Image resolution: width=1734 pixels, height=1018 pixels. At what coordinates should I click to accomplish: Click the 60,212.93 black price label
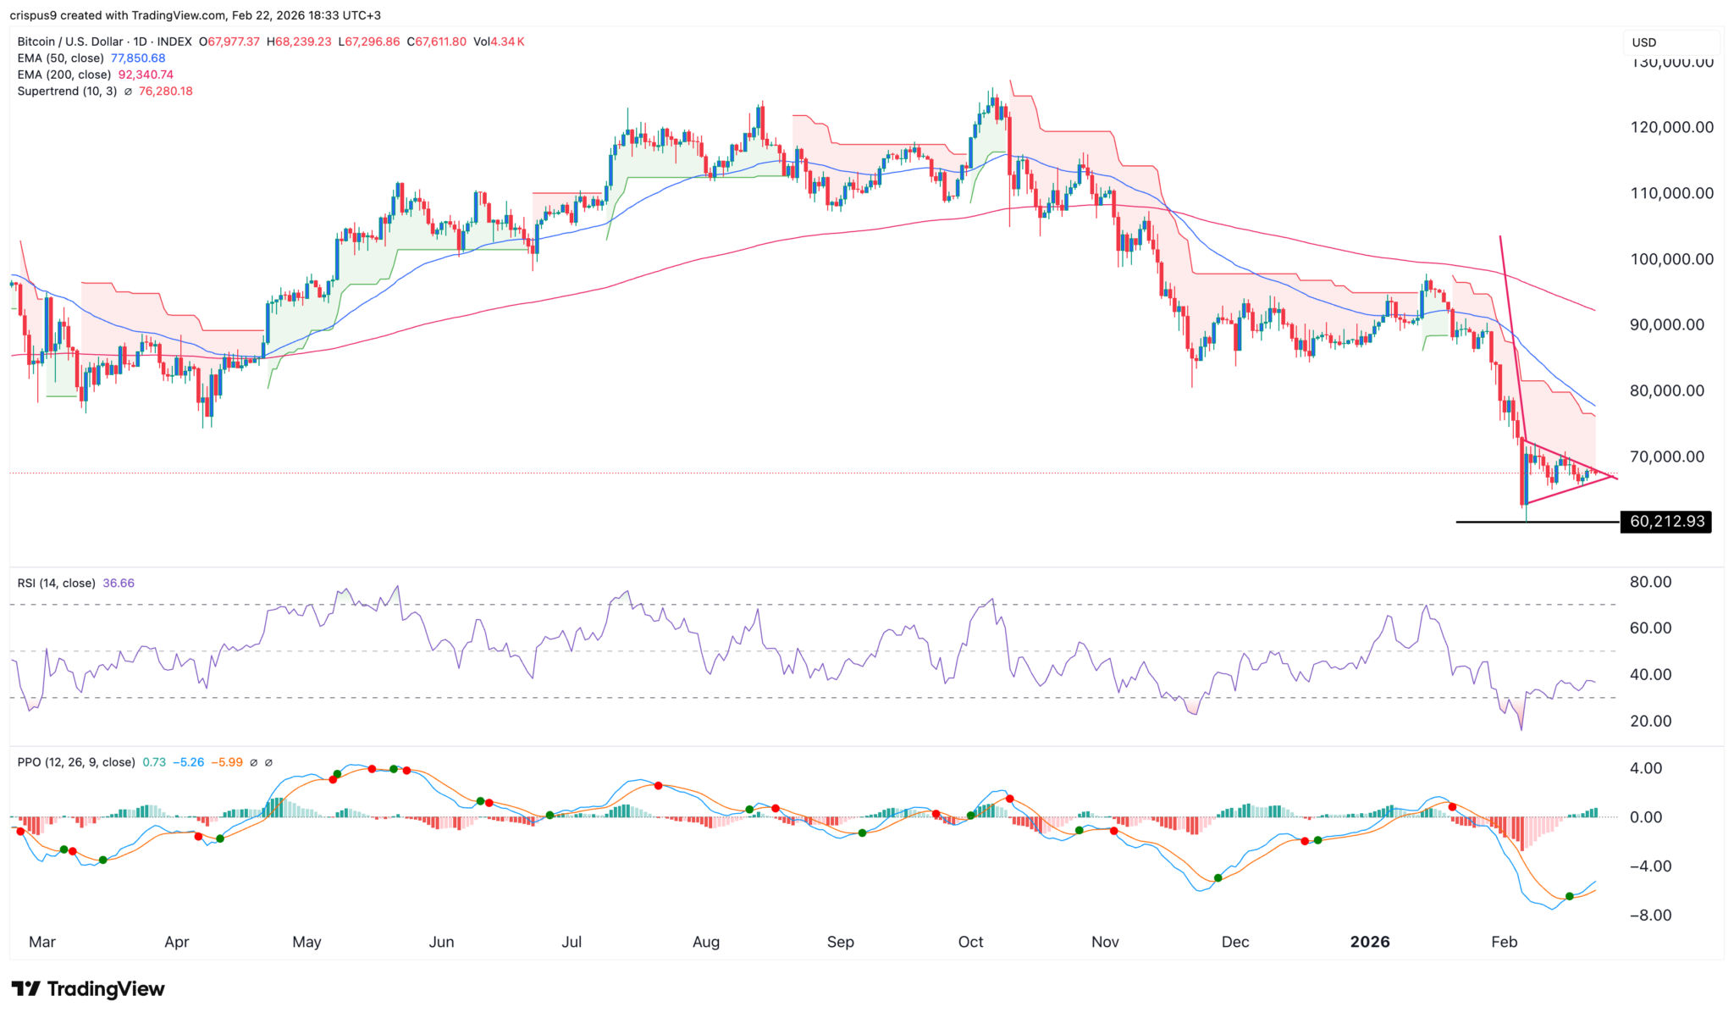(x=1665, y=522)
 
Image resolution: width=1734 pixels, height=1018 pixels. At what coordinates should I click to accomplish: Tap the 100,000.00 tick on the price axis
(x=1671, y=259)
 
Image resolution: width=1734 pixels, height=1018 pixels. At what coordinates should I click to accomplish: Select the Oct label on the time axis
(x=970, y=942)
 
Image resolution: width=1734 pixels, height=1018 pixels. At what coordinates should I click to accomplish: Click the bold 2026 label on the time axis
(x=1369, y=942)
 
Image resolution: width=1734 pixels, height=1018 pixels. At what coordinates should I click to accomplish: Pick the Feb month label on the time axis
(x=1504, y=942)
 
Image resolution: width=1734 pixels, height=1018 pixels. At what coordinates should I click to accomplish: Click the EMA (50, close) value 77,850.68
(x=138, y=58)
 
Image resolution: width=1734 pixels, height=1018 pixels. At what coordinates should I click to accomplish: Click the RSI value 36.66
(x=119, y=584)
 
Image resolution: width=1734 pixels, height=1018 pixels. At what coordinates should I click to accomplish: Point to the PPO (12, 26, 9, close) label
(x=76, y=762)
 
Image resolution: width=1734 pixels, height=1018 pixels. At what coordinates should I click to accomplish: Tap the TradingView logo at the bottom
(x=88, y=988)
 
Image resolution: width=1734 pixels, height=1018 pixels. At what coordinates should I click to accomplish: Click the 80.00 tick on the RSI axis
(x=1650, y=583)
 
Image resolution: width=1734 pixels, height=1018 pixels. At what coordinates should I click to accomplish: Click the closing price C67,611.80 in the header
(x=436, y=41)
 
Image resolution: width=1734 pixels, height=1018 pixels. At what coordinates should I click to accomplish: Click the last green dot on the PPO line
(x=1569, y=896)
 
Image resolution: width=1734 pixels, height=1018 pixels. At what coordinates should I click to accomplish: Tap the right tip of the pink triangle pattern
(x=1615, y=479)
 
